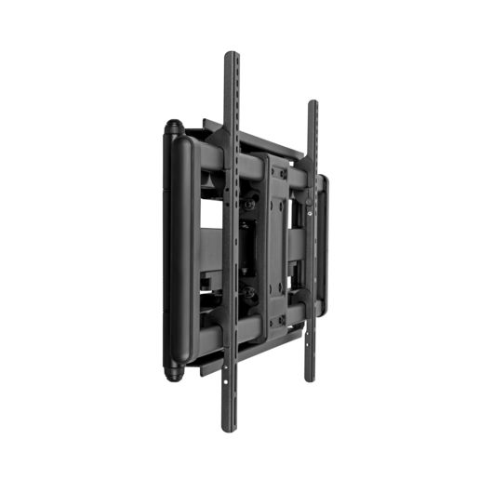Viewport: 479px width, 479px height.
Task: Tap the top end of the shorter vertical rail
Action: pos(312,102)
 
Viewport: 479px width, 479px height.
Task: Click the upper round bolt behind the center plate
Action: pos(250,198)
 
